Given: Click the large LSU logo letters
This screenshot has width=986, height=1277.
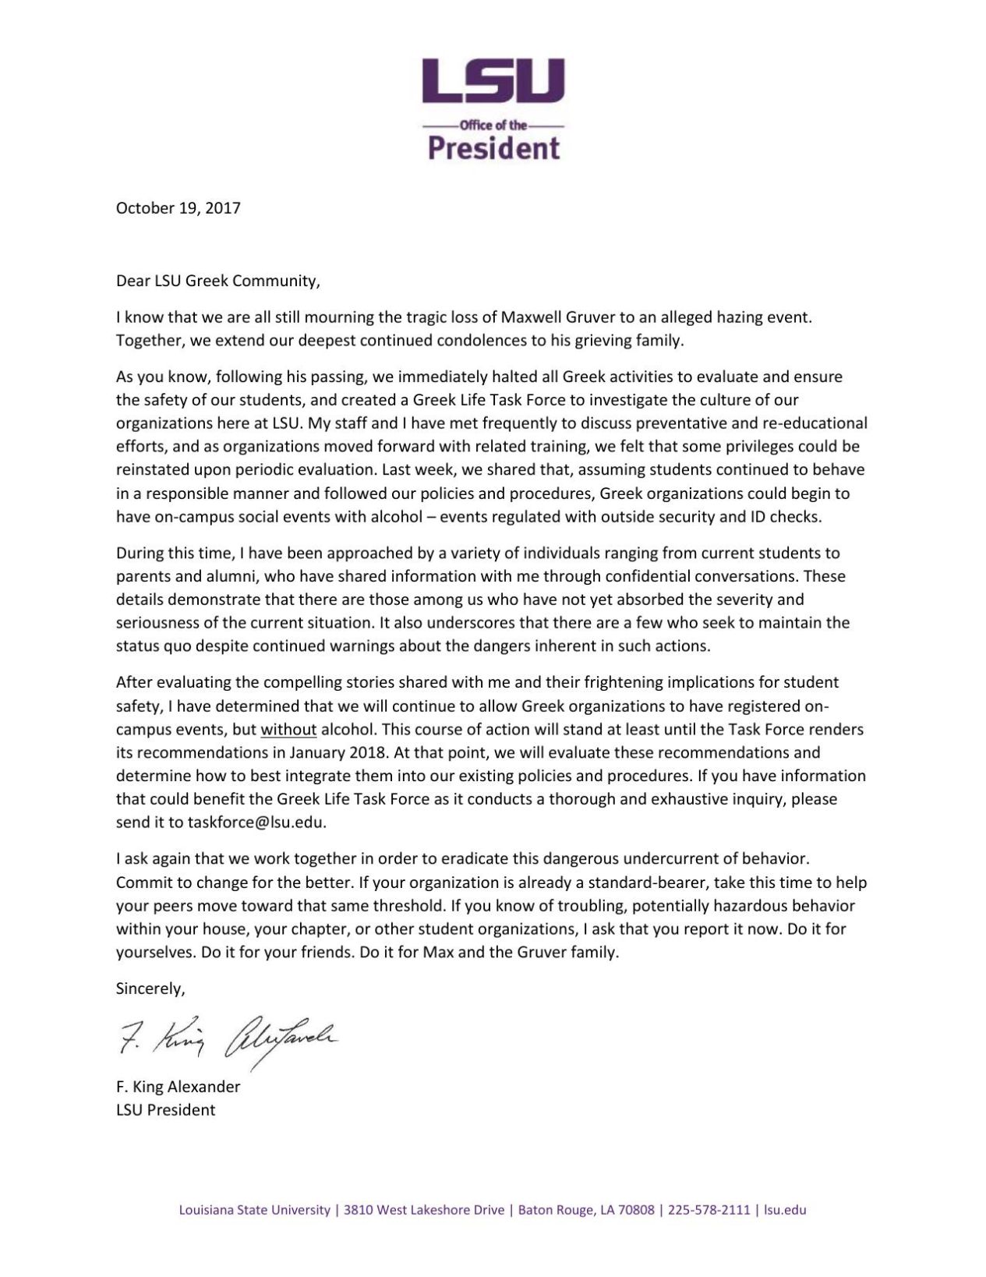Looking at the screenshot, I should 493,81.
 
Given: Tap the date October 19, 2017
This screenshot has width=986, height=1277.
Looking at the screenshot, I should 178,208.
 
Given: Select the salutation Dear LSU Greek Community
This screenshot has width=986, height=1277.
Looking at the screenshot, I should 218,281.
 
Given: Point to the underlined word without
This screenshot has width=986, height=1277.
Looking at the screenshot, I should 288,730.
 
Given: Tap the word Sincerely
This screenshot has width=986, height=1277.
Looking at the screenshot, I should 150,989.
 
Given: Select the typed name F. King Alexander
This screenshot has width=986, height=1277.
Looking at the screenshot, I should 178,1086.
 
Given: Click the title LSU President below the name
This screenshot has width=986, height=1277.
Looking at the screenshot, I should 165,1109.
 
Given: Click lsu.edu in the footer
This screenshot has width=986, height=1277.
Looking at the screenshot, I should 785,1210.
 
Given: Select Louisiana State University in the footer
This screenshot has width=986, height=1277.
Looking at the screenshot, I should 255,1210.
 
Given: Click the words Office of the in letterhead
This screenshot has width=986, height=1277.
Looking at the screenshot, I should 493,125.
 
